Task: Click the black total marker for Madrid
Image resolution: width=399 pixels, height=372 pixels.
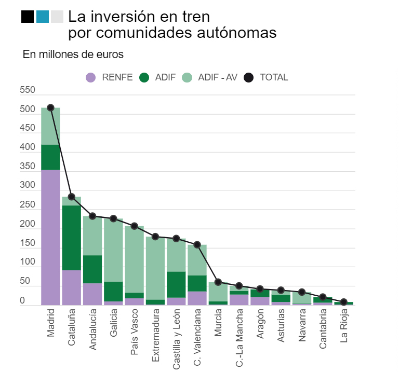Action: coord(50,108)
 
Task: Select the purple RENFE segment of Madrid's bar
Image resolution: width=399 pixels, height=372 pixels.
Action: coord(50,238)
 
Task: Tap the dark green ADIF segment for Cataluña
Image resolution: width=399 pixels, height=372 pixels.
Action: coord(72,238)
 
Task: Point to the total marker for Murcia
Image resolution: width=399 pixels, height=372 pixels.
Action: coord(218,282)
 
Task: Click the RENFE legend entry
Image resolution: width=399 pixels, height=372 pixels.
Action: coord(109,77)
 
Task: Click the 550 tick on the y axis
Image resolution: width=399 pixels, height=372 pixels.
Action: coord(28,90)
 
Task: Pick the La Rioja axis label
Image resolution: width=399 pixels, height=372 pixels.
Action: coord(344,327)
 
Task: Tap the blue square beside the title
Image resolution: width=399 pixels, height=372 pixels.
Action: coord(43,17)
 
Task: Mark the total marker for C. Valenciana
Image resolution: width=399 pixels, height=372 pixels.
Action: coord(197,244)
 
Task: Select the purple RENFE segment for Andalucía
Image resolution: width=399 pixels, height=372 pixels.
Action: coord(92,294)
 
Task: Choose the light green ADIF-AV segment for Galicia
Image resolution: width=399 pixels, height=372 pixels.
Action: coord(113,252)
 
